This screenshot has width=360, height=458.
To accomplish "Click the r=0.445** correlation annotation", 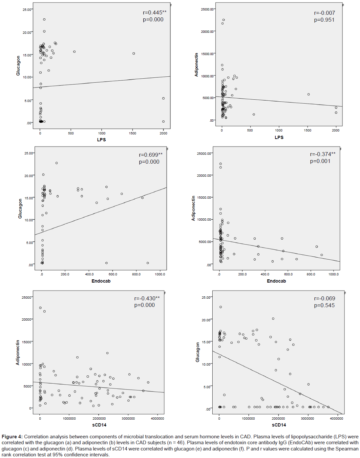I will (155, 13).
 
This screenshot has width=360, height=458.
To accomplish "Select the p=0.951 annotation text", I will (324, 20).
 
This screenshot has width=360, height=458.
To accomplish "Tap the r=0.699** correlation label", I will (151, 155).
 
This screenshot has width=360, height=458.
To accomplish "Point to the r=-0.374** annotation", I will (323, 154).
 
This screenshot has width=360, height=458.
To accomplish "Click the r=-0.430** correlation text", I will (147, 298).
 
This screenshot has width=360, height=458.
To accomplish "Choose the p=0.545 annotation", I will (324, 305).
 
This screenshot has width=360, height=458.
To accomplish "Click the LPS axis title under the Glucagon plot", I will (101, 140).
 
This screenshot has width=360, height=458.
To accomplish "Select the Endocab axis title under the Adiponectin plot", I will (276, 281).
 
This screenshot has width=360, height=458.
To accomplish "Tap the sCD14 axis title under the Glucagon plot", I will (279, 425).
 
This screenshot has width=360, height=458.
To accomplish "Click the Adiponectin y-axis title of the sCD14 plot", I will (18, 352).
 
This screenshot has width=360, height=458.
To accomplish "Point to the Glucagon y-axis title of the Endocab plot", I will (20, 209).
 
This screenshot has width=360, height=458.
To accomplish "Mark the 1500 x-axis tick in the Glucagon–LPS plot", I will (132, 133).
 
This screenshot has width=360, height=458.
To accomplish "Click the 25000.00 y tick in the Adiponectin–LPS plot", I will (207, 9).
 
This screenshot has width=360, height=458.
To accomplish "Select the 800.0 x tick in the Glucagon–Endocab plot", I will (136, 274).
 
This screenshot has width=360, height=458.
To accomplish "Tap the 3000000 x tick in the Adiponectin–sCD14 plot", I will (128, 418).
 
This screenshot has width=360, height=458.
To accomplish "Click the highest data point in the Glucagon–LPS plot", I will (44, 19).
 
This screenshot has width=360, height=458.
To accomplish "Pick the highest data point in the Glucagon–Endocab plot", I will (56, 163).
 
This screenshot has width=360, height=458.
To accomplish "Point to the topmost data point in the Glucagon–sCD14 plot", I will (221, 307).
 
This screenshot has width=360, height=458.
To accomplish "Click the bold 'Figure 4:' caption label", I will (12, 437).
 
